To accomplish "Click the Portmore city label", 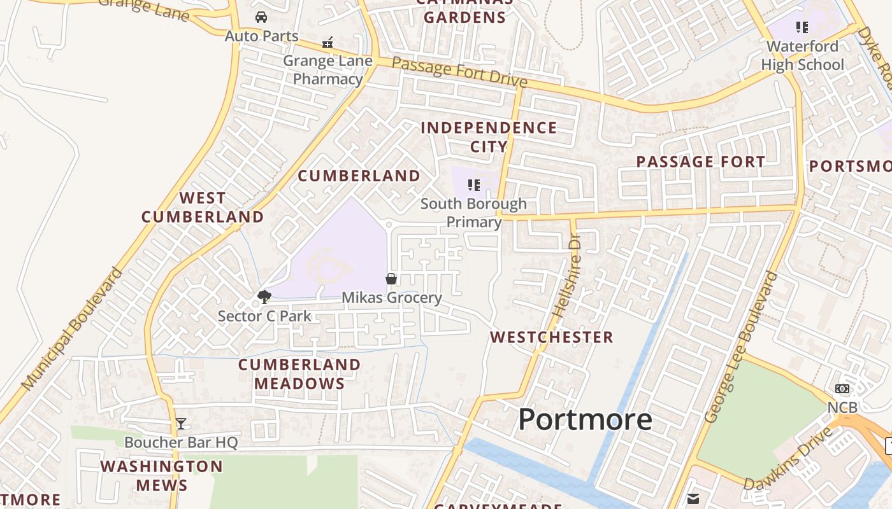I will [585, 420].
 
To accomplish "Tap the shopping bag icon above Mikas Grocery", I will [391, 279].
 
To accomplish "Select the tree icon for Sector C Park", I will [264, 296].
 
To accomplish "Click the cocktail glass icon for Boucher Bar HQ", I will [181, 424].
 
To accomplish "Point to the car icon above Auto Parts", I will [261, 17].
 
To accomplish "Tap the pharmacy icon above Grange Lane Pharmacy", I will [327, 43].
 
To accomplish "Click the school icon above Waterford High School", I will [802, 27].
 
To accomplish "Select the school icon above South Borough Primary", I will [473, 185].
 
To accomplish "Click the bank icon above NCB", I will [842, 389].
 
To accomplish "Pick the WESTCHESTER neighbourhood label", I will [551, 337].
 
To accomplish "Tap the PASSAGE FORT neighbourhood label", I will [701, 162].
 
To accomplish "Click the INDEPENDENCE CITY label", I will [489, 137].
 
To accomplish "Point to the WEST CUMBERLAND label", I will [203, 207].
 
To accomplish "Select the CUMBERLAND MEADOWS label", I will [299, 374].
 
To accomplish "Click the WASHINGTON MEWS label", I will [161, 475].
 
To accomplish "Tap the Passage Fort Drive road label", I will [459, 72].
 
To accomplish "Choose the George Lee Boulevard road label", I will [742, 347].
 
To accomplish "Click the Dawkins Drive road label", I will [788, 458].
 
